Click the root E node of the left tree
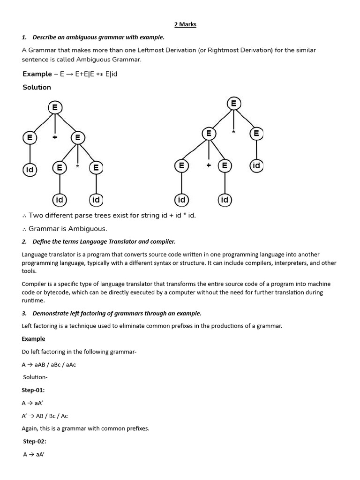[x=55, y=108]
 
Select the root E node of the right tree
[x=233, y=104]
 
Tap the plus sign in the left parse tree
[x=55, y=138]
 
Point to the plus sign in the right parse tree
[x=209, y=165]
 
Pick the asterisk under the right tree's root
[x=233, y=133]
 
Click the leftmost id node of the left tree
[x=30, y=170]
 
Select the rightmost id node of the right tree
[x=256, y=165]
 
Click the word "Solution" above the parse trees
[x=37, y=87]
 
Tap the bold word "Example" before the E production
[x=37, y=74]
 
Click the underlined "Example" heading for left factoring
[x=33, y=339]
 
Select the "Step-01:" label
[x=33, y=390]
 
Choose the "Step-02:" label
[x=34, y=442]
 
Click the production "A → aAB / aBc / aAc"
[x=49, y=365]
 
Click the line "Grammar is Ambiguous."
[x=67, y=229]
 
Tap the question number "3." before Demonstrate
[x=24, y=313]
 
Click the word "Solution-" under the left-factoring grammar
[x=35, y=377]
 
